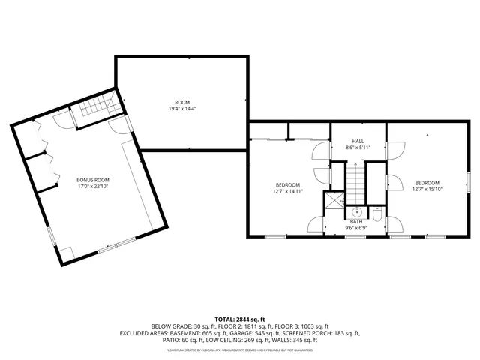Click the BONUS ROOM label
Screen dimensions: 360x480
pos(93,180)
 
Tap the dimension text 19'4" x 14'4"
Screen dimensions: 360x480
pos(182,108)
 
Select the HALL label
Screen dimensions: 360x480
pos(358,141)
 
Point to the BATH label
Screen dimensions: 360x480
pos(356,221)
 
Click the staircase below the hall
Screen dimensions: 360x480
pos(355,184)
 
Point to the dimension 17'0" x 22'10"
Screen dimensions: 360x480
pos(93,187)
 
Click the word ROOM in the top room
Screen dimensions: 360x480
pos(182,102)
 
